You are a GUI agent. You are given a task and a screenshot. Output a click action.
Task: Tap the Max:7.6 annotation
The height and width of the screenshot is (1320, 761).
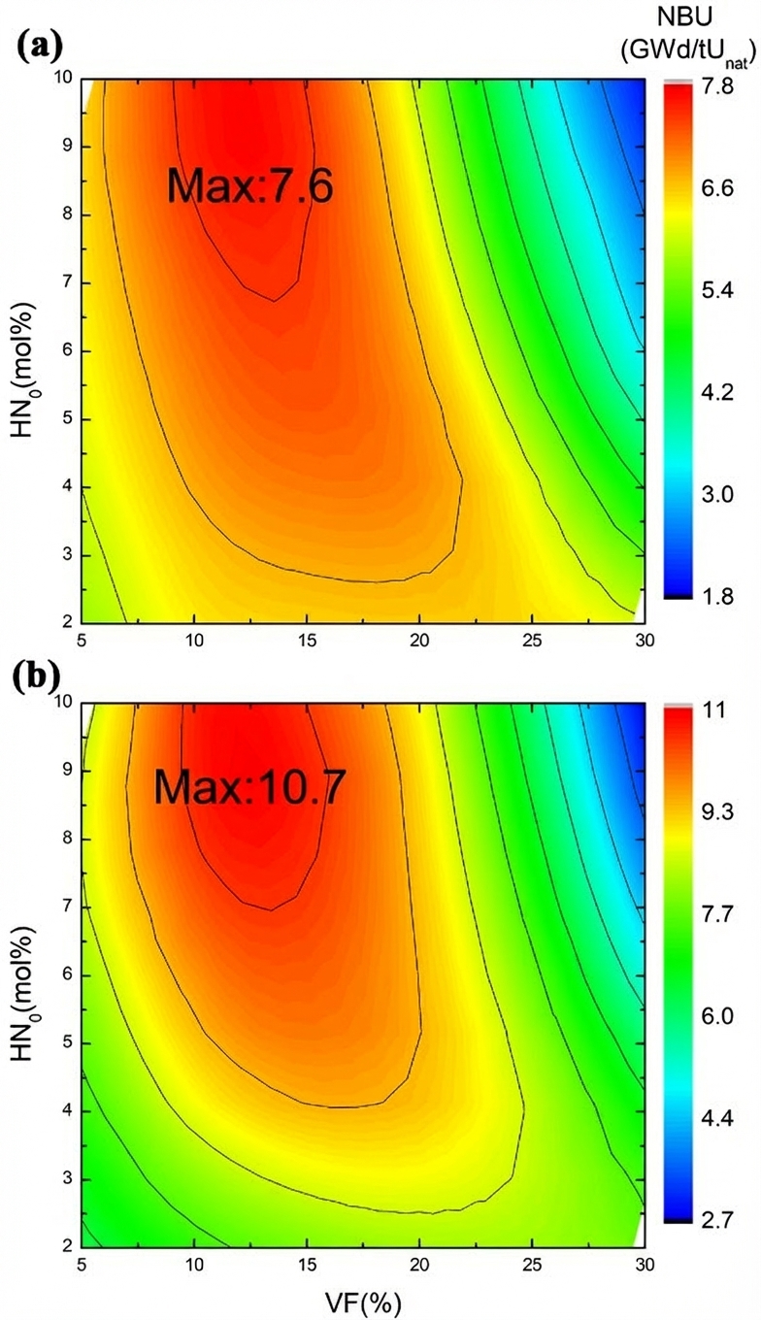[250, 185]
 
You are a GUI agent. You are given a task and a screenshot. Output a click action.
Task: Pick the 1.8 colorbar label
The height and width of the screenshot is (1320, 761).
[718, 595]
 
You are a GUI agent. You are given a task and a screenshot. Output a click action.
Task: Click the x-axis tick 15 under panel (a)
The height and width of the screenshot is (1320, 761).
[307, 643]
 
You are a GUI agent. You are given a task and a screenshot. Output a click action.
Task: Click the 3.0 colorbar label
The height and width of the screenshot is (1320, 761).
[718, 494]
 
